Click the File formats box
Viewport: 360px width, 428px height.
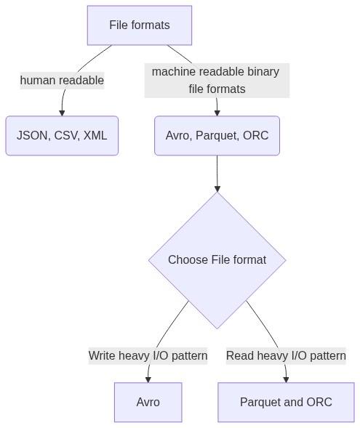click(x=140, y=25)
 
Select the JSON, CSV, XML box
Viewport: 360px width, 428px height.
click(x=62, y=136)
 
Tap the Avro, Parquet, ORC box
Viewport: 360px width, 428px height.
click(x=217, y=136)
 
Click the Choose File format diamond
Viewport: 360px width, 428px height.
click(x=217, y=260)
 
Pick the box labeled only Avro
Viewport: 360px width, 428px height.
click(x=148, y=403)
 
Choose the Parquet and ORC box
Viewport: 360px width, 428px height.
click(x=286, y=403)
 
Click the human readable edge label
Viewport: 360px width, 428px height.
click(x=62, y=81)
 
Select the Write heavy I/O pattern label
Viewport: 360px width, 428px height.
click(x=148, y=356)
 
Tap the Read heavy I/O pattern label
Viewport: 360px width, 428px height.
click(x=286, y=356)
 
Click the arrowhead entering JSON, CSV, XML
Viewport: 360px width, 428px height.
click(x=62, y=113)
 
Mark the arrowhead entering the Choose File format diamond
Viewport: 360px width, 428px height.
click(x=217, y=189)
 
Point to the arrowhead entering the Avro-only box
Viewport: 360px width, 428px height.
click(x=148, y=379)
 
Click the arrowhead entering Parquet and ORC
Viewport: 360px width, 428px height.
click(x=286, y=379)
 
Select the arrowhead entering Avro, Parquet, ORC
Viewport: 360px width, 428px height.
click(x=217, y=113)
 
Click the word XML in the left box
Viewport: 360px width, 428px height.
click(x=95, y=136)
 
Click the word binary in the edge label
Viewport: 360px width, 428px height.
click(x=263, y=72)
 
